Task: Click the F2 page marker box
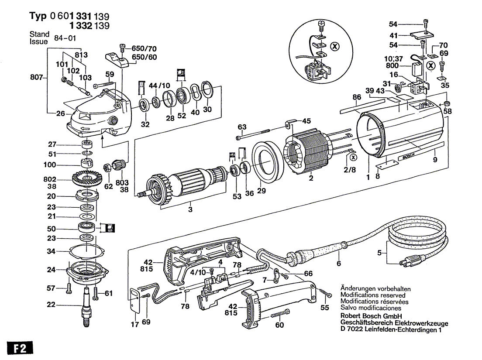pyautogui.click(x=20, y=348)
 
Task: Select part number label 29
pyautogui.click(x=261, y=191)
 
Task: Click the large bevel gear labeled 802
pyautogui.click(x=88, y=178)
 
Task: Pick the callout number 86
pyautogui.click(x=357, y=97)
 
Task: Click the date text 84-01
pyautogui.click(x=65, y=38)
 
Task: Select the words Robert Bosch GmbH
pyautogui.click(x=371, y=316)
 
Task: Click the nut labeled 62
pyautogui.click(x=108, y=168)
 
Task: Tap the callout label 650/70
pyautogui.click(x=144, y=48)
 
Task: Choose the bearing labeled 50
pyautogui.click(x=86, y=226)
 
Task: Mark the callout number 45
pyautogui.click(x=306, y=121)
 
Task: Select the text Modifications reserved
pyautogui.click(x=373, y=295)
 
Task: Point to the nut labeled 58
pyautogui.click(x=447, y=103)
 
